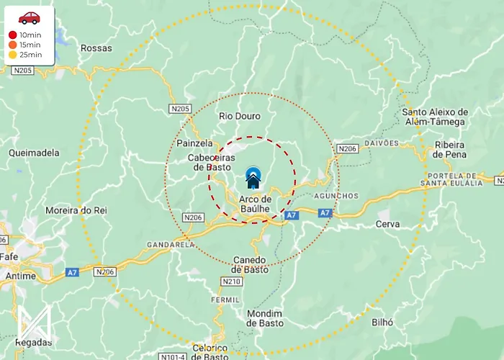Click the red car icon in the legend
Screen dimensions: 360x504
coord(30,17)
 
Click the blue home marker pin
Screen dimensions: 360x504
coord(253,176)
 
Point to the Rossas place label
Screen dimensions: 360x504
coord(96,48)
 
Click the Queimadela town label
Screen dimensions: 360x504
coord(34,153)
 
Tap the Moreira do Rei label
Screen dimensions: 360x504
coord(76,210)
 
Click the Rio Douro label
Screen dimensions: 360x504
coord(239,116)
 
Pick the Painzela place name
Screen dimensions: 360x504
coord(194,143)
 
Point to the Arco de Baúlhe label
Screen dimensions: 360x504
coord(255,204)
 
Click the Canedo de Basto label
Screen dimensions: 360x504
coord(250,264)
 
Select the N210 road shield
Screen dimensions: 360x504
coord(232,282)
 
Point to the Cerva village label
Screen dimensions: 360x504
coord(387,225)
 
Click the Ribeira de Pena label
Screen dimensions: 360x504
coord(450,150)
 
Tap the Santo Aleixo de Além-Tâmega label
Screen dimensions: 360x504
coord(435,117)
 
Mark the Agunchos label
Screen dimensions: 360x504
coord(336,196)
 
